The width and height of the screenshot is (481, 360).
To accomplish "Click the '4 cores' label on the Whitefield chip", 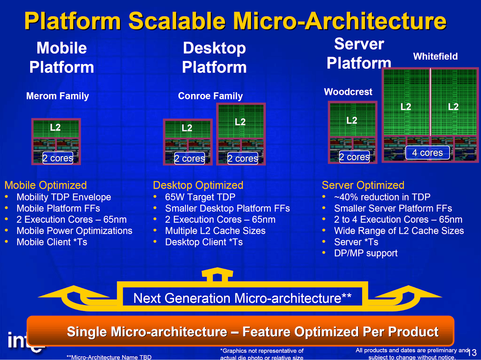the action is [428, 152].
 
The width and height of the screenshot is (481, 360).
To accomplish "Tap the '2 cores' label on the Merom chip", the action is [57, 158].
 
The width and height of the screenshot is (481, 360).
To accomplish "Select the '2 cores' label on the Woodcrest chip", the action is [354, 157].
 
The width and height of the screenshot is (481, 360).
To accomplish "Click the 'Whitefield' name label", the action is [436, 56].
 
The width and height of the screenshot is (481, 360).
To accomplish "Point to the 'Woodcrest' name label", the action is [348, 92].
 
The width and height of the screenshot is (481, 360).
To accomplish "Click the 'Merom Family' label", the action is [57, 96].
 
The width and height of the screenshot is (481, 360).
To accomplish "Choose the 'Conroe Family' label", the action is [210, 96].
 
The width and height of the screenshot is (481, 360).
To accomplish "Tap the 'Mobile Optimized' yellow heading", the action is [45, 185].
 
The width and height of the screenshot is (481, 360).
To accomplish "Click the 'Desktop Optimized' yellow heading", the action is [198, 185].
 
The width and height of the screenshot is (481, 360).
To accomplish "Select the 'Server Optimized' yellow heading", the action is [363, 185].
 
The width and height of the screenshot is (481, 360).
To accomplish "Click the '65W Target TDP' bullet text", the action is [200, 197].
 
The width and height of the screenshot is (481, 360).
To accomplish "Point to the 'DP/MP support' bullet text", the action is [366, 253].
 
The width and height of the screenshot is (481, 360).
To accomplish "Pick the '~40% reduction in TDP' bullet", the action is [382, 197].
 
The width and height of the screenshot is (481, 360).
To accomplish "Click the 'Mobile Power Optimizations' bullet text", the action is [74, 230].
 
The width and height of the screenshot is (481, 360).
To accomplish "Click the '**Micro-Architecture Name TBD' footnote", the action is [109, 357].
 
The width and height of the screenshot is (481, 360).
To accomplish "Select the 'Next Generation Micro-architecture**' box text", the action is [242, 298].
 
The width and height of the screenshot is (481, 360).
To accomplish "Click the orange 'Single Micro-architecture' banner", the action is [240, 331].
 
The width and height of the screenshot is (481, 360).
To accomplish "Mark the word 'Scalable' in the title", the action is [177, 21].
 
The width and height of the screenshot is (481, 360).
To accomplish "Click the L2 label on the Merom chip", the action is [55, 127].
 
